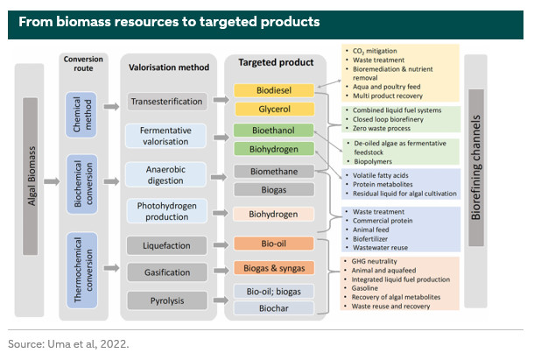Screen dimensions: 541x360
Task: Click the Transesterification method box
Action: point(166,102)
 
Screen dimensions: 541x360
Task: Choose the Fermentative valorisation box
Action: point(166,135)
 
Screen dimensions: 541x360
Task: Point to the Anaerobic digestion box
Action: point(166,173)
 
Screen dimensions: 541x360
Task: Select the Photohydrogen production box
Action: point(166,212)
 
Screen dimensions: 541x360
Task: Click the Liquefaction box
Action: point(166,245)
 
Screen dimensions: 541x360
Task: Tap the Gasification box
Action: point(166,273)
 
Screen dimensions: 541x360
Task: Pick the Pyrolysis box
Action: point(166,300)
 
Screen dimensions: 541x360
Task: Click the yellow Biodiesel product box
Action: point(273,91)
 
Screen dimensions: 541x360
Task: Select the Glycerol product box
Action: point(273,109)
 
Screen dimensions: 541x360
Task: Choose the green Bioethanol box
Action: point(273,131)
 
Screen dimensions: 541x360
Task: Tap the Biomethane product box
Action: point(273,171)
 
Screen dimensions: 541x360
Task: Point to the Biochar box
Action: point(273,307)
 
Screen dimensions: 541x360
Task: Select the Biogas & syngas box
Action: point(273,267)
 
